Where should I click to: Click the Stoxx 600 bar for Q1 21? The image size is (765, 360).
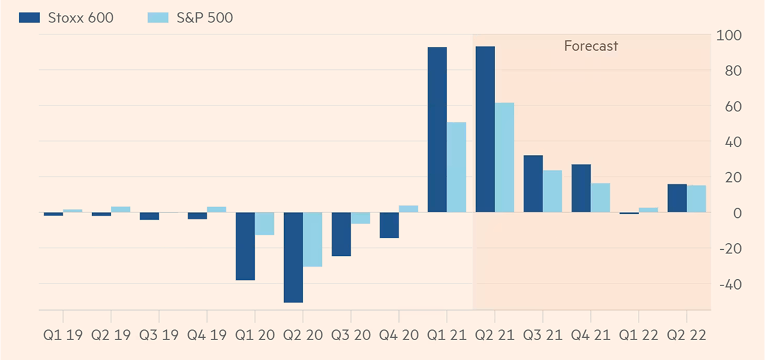coord(437,129)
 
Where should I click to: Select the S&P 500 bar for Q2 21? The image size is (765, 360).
coord(504,157)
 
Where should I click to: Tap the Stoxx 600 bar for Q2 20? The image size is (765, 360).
coord(293,257)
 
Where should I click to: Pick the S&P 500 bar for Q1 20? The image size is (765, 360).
coord(264,223)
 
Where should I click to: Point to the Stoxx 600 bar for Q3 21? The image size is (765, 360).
coord(533,184)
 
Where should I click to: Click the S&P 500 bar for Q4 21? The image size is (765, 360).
coord(600,197)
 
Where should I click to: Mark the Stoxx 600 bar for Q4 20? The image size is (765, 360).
coord(389,225)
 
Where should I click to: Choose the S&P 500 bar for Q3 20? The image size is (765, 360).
coord(360,218)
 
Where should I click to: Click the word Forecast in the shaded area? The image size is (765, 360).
coord(590,46)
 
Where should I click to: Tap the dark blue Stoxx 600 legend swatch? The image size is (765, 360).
coord(29,17)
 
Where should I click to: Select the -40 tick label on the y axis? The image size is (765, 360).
coord(726,284)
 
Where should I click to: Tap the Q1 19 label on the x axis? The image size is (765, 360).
coord(63,335)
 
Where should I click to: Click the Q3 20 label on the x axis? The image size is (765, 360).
coord(350,335)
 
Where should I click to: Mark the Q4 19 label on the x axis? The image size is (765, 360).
coord(206,335)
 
